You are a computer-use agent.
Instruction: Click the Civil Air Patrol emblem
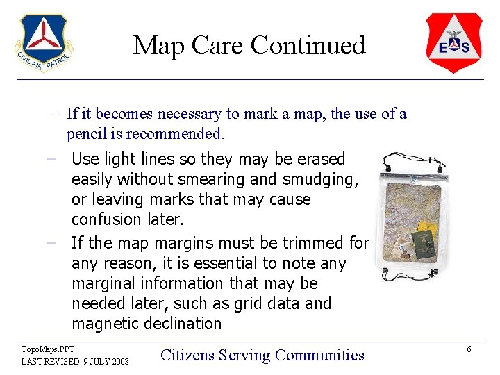click(x=42, y=43)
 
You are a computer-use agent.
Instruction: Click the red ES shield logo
click(x=453, y=43)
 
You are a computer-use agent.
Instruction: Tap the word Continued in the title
click(x=308, y=46)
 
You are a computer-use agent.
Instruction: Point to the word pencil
click(x=88, y=133)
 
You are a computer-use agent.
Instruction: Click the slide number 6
click(x=469, y=349)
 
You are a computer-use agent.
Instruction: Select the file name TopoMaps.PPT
click(x=47, y=349)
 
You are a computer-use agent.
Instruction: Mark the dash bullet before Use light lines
click(x=51, y=159)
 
